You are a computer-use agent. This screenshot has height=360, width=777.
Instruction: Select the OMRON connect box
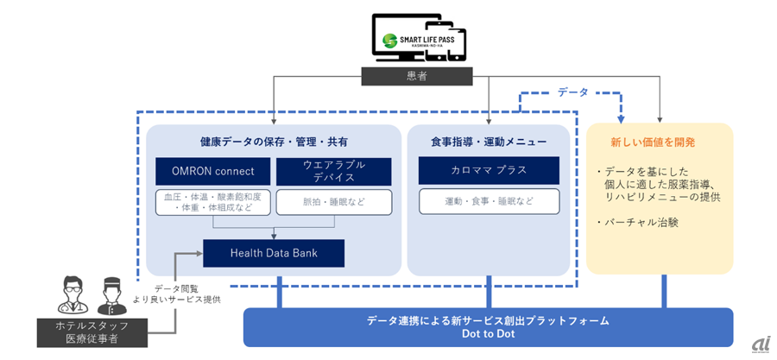click(x=212, y=170)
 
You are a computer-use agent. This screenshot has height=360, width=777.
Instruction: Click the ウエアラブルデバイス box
click(x=333, y=170)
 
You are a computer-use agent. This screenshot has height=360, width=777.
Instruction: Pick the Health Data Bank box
click(x=273, y=252)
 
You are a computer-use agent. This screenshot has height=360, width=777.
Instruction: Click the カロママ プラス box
click(x=490, y=170)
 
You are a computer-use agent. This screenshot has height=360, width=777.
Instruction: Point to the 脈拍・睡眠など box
click(x=333, y=202)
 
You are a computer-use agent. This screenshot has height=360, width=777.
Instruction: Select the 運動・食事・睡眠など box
click(x=490, y=202)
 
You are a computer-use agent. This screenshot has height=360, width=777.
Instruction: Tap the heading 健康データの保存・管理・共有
click(x=274, y=141)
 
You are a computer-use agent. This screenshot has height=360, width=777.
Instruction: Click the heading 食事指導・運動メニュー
click(x=490, y=141)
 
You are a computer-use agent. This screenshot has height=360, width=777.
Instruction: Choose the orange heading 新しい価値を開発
click(x=659, y=141)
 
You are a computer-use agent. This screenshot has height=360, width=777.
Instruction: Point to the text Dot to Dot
click(x=488, y=333)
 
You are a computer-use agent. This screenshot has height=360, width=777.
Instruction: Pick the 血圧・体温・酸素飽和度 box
click(x=212, y=202)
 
